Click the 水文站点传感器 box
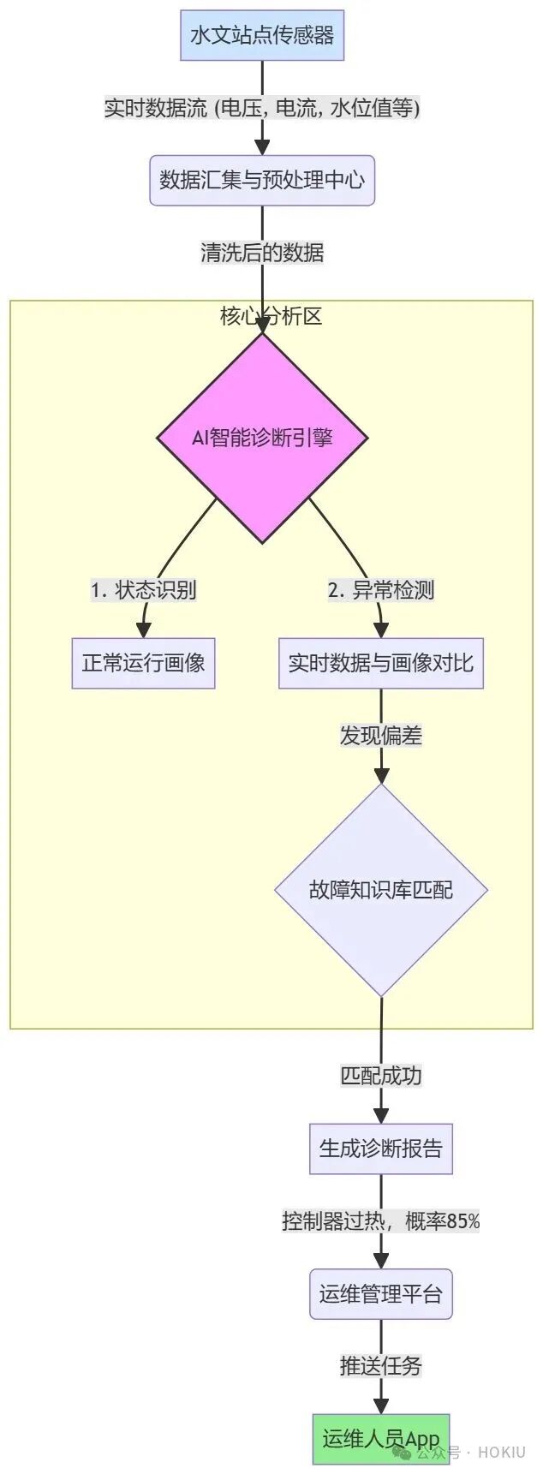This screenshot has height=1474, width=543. pyautogui.click(x=262, y=35)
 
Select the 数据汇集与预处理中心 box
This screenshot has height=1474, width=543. pyautogui.click(x=262, y=180)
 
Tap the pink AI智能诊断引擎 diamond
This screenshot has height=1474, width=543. pyautogui.click(x=262, y=438)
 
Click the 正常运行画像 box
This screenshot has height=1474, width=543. pyautogui.click(x=143, y=663)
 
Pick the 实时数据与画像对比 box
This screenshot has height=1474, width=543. pyautogui.click(x=381, y=663)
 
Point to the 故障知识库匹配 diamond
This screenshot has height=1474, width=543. pyautogui.click(x=381, y=890)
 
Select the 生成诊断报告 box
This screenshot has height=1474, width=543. pyautogui.click(x=381, y=1149)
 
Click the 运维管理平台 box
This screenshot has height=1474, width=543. pyautogui.click(x=381, y=1293)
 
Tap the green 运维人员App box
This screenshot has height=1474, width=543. pyautogui.click(x=381, y=1439)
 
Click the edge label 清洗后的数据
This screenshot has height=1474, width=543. pyautogui.click(x=262, y=253)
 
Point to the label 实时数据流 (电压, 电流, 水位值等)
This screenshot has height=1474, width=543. pyautogui.click(x=262, y=108)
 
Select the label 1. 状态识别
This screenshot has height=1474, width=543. pyautogui.click(x=144, y=590)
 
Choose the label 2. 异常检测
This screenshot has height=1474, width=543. pyautogui.click(x=381, y=590)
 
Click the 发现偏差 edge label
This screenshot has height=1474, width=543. pyautogui.click(x=381, y=736)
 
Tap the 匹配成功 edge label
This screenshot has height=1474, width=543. pyautogui.click(x=381, y=1076)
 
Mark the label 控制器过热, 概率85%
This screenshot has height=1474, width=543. pyautogui.click(x=381, y=1221)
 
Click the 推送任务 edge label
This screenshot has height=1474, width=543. pyautogui.click(x=381, y=1366)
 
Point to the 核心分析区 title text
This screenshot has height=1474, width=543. pyautogui.click(x=271, y=316)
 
